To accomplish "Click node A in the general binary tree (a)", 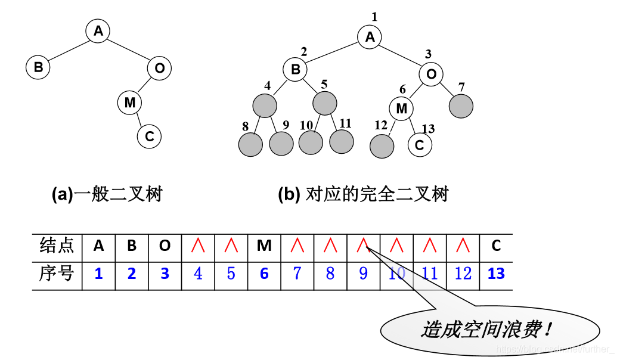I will click(98, 31).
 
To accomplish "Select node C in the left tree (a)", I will click(149, 136).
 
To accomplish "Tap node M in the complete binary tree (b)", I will click(401, 108).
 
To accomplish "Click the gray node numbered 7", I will click(461, 105).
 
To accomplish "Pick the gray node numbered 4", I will click(265, 105).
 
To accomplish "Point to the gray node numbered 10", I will click(311, 142).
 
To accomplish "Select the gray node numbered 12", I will click(382, 145).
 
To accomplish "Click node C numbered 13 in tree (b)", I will click(420, 144).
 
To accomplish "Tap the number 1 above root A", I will click(374, 17).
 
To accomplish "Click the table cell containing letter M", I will click(264, 246).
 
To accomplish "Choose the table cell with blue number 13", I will click(496, 274).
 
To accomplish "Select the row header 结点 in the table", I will click(57, 246).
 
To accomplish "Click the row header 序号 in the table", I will click(57, 274).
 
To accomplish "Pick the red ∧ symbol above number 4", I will click(198, 246).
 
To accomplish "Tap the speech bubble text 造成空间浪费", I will click(486, 329).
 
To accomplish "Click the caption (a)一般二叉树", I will click(107, 194).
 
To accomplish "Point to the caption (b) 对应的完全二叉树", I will click(363, 194).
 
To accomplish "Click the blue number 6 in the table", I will click(264, 274).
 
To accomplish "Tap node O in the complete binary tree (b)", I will click(431, 74).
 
